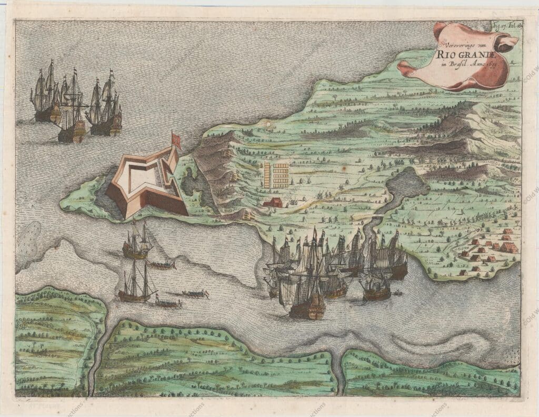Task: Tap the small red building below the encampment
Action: [x=273, y=202]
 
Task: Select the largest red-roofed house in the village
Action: [x=508, y=246]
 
